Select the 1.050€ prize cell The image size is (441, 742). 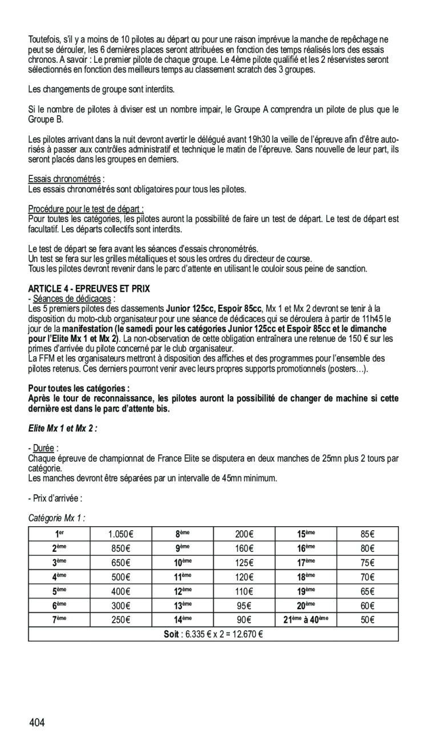[120, 534]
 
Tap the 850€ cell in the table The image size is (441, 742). [120, 549]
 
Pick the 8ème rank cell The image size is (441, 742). [182, 534]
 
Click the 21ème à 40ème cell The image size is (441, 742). [306, 620]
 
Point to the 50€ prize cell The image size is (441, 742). [367, 620]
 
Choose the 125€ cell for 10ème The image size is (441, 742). [244, 563]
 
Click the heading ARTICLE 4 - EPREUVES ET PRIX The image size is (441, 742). [89, 289]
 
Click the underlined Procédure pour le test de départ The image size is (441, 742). [86, 209]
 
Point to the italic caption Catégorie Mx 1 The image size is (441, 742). [56, 518]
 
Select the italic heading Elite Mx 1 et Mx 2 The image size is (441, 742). [62, 428]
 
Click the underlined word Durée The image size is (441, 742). [43, 448]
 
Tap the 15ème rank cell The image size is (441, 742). [306, 534]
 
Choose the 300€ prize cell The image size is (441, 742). [120, 606]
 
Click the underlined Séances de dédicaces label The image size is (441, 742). [72, 299]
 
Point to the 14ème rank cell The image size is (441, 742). [182, 620]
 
